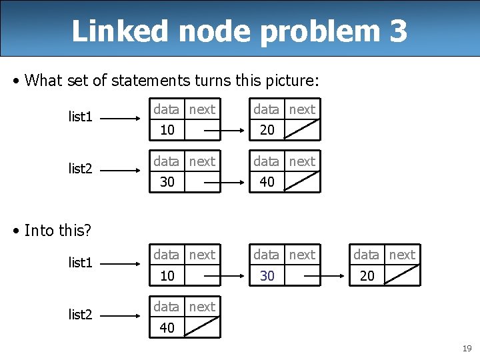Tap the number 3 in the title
(397, 31)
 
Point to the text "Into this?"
(57, 231)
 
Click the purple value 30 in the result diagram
(267, 275)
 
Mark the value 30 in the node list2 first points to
(167, 182)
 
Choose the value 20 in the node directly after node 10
(267, 130)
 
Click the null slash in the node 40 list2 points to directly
(201, 327)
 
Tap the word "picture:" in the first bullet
(293, 81)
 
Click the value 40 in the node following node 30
(267, 182)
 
